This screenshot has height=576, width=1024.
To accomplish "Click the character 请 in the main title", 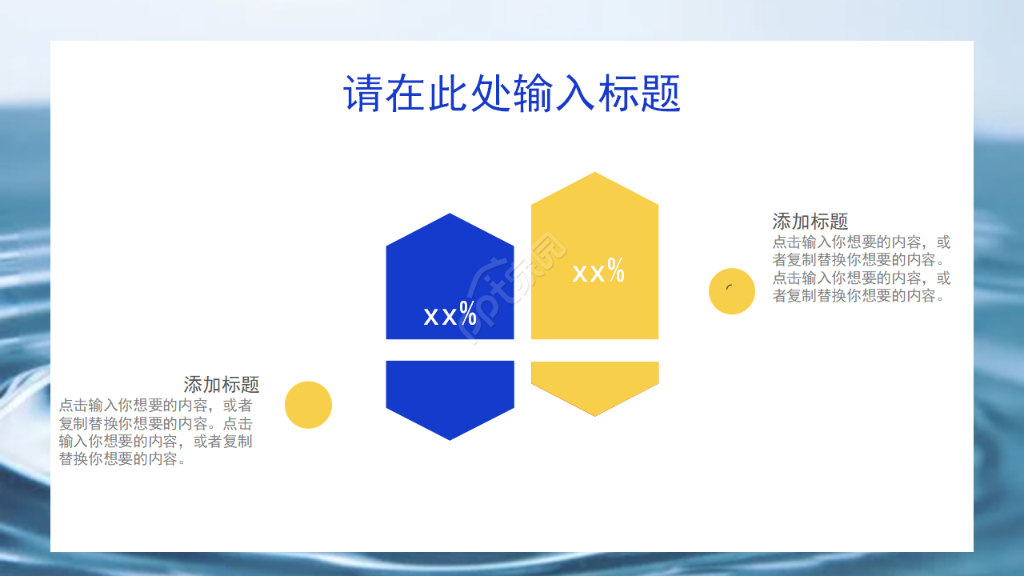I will point(362,94).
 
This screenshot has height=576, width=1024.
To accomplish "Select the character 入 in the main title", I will point(575,94).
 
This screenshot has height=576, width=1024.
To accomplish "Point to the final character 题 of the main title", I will point(661,94).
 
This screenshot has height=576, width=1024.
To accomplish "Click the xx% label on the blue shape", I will point(450,315).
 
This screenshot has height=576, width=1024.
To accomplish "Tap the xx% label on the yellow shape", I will point(598,272).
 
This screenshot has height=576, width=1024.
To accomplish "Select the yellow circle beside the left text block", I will point(308,405).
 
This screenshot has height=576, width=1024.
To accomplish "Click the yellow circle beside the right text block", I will point(731,291).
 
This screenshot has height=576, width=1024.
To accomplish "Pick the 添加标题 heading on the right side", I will point(810,222).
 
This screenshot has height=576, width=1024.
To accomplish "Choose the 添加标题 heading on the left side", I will point(222,385).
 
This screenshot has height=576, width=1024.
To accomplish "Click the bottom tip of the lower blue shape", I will point(450,437).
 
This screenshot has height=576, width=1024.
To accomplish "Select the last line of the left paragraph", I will point(123,459).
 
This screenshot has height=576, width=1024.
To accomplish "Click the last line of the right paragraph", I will point(860,296).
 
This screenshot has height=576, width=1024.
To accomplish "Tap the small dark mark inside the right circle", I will point(729,288).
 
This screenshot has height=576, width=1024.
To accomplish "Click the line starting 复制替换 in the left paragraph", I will point(155,423).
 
